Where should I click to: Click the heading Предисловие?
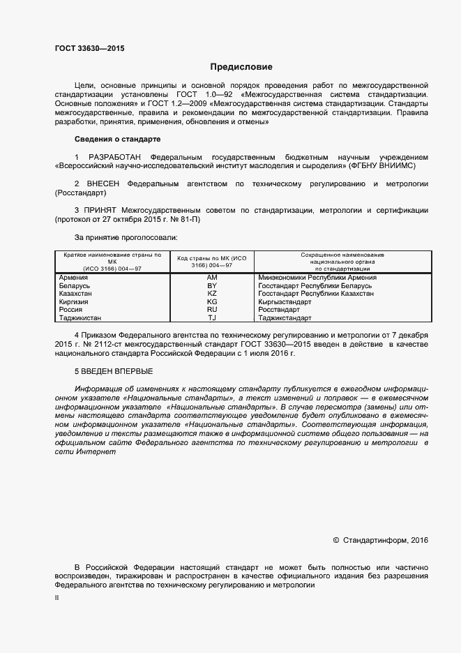(241, 67)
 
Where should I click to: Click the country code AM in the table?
(213, 278)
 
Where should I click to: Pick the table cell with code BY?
(213, 286)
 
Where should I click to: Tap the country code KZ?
(213, 294)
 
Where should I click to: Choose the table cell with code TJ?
(213, 318)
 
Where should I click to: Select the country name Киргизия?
(76, 302)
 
